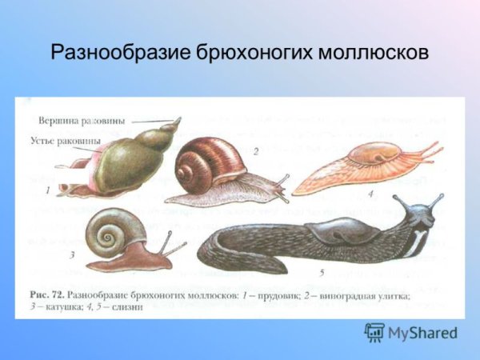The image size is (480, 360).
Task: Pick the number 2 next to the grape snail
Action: tap(255, 150)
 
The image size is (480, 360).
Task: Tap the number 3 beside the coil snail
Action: tap(72, 255)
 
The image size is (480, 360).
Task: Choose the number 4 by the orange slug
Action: tap(370, 193)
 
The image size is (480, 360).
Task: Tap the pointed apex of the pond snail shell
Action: tap(177, 121)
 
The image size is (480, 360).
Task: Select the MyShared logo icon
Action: tap(374, 332)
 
